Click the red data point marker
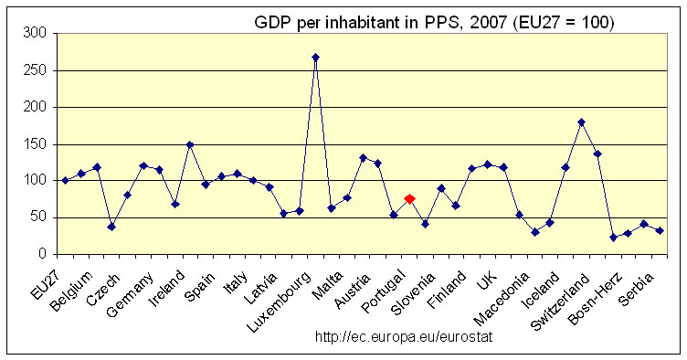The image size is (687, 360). [x=410, y=198]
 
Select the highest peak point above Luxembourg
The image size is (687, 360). [x=315, y=57]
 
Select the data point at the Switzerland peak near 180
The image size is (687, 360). [x=581, y=122]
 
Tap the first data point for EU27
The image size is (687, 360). [x=65, y=180]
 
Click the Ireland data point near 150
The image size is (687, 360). [x=190, y=144]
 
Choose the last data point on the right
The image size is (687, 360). [x=660, y=230]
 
